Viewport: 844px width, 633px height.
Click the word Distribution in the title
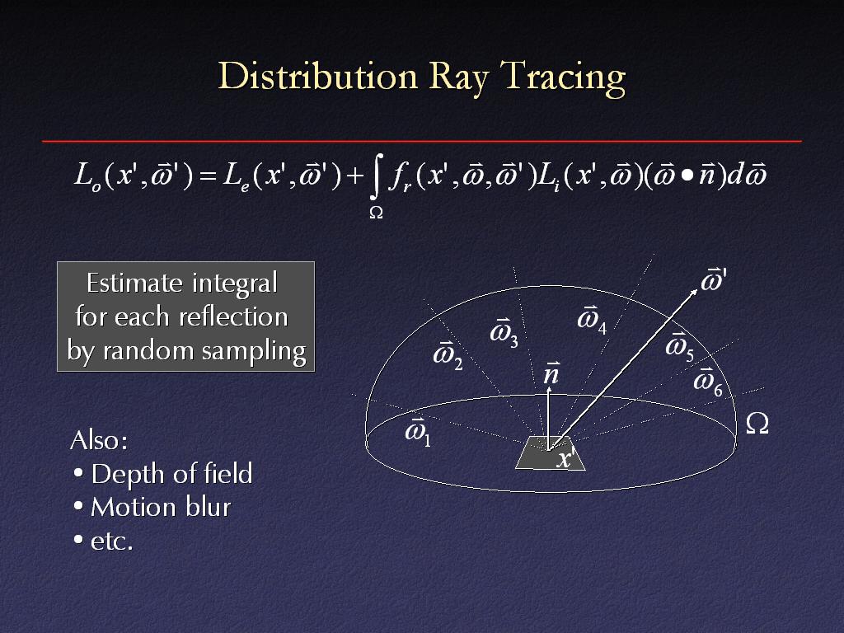pos(318,75)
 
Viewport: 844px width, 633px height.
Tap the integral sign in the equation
pos(377,176)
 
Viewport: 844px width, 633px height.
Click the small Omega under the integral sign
pos(376,213)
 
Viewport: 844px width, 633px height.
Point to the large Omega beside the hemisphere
pos(757,424)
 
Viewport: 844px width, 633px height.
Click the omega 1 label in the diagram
pos(418,431)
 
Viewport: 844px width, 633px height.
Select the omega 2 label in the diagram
pos(448,355)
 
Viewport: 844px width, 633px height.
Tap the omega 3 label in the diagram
pos(504,333)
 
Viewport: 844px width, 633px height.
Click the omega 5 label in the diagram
pos(680,346)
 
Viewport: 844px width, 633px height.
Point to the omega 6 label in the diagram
pos(708,382)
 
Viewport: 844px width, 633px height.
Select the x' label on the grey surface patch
pos(566,458)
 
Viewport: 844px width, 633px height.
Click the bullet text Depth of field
pos(171,474)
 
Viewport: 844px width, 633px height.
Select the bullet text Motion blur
pos(161,507)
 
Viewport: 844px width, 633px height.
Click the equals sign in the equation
pos(208,176)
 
